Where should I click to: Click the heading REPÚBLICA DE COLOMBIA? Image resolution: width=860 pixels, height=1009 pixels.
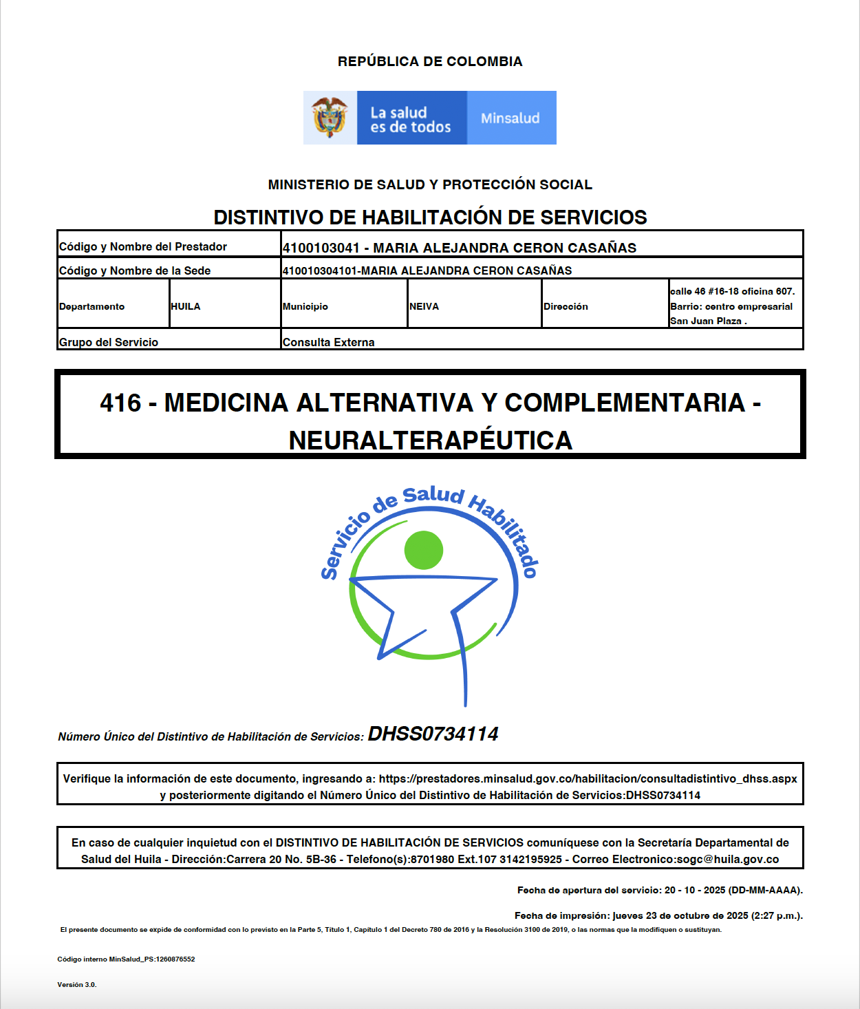point(430,61)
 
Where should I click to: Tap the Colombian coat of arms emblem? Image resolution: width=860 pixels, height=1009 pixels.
point(330,118)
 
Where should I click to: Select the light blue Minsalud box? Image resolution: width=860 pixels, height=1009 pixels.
point(511,118)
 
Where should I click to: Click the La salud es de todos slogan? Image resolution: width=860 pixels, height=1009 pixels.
point(411,120)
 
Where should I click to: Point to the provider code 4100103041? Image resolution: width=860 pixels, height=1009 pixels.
point(321,248)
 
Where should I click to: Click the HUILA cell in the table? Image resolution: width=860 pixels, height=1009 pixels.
point(186,306)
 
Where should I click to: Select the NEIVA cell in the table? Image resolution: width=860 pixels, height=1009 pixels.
point(424,306)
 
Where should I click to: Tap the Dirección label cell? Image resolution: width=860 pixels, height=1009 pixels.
point(566,306)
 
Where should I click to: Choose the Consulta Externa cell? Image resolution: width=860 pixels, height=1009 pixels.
point(329,342)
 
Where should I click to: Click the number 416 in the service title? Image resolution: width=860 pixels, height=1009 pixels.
point(120,403)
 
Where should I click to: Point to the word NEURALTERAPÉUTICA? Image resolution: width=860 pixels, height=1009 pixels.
point(431,440)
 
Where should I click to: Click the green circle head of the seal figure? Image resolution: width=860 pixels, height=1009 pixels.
point(424,550)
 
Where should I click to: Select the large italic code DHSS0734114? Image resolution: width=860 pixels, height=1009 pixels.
point(433,734)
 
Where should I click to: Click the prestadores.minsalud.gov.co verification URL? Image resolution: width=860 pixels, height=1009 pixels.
point(588,778)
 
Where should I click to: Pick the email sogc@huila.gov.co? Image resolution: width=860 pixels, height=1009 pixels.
point(728,859)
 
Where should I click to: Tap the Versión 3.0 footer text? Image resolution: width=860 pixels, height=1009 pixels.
point(77,984)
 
